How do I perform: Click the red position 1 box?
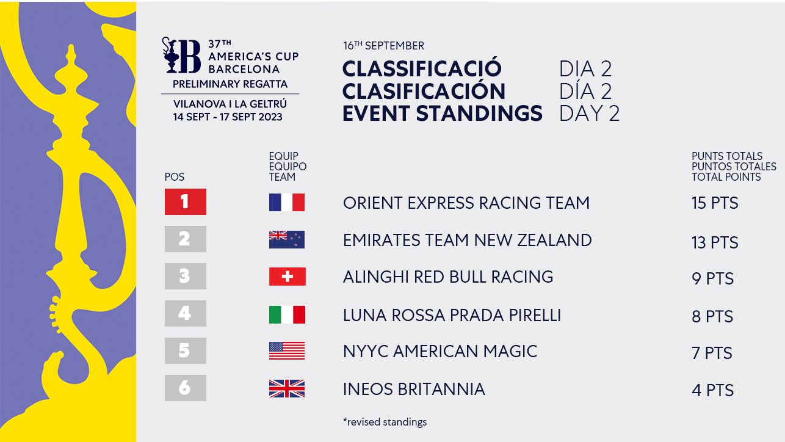click(186, 201)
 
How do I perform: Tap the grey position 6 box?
click(186, 388)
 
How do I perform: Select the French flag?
click(287, 202)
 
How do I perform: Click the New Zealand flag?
click(287, 239)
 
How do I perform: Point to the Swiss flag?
click(288, 277)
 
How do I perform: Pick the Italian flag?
click(287, 314)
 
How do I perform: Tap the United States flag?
click(287, 350)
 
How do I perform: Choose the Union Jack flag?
click(287, 388)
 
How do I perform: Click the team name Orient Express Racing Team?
click(466, 203)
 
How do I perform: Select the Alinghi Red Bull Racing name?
click(448, 277)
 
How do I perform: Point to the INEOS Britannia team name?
click(414, 389)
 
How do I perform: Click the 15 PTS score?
click(715, 203)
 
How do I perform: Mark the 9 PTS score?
click(712, 278)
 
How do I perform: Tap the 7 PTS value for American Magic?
click(712, 353)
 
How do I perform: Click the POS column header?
click(175, 177)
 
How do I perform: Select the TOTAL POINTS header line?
click(726, 177)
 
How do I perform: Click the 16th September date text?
click(384, 46)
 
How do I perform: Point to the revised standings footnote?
click(385, 422)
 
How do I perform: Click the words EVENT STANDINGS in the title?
click(443, 114)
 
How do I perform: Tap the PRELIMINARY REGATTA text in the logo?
click(230, 84)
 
